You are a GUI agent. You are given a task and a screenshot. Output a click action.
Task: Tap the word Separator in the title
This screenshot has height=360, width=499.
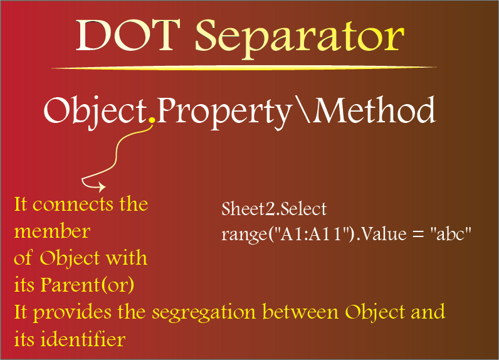pyautogui.click(x=300, y=39)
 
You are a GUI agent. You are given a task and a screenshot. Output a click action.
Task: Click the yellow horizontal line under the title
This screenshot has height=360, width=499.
pyautogui.click(x=244, y=68)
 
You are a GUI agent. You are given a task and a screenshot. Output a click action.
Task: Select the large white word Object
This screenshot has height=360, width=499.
pyautogui.click(x=95, y=112)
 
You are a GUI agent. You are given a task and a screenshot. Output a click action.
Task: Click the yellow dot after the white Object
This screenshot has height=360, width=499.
pyautogui.click(x=152, y=120)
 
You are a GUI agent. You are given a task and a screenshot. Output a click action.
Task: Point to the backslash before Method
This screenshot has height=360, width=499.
pyautogui.click(x=303, y=109)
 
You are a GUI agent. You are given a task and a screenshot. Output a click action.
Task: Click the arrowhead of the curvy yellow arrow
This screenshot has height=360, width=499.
pyautogui.click(x=102, y=187)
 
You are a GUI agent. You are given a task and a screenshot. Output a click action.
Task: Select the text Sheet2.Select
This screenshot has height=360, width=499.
pyautogui.click(x=274, y=209)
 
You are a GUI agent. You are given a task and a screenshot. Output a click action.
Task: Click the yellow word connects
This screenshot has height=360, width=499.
pyautogui.click(x=73, y=204)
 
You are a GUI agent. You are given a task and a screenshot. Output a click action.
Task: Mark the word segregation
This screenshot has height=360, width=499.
pyautogui.click(x=204, y=312)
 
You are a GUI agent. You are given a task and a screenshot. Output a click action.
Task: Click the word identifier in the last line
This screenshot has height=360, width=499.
pyautogui.click(x=83, y=339)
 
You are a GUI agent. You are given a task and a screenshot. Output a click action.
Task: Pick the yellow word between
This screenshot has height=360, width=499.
pyautogui.click(x=300, y=312)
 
